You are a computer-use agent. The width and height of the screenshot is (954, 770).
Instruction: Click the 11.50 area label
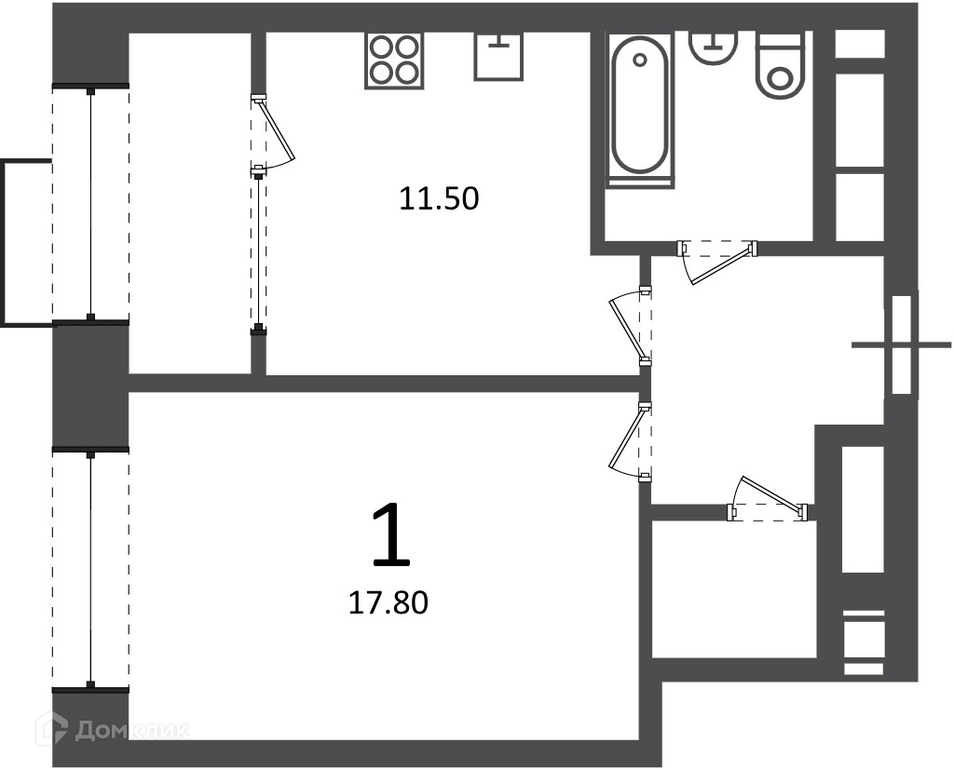pos(439,199)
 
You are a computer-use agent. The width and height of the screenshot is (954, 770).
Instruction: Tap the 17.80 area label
pos(388,602)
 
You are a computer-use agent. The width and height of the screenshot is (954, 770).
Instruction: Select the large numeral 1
pos(391,535)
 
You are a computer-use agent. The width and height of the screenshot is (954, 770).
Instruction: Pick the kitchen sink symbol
pos(498,56)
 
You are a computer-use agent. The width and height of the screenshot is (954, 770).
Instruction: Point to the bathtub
pos(639,111)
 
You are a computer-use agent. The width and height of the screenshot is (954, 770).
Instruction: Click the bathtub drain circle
pos(639,60)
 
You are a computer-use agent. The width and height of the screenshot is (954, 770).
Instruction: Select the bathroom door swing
pos(717,263)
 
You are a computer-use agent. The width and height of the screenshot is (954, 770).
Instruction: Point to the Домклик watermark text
pos(131,730)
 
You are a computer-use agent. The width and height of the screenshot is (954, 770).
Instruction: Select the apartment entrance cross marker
pos(901,344)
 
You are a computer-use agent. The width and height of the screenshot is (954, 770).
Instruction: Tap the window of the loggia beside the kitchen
pos(90,203)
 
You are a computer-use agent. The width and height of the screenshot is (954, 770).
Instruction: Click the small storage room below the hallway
pos(733,588)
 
